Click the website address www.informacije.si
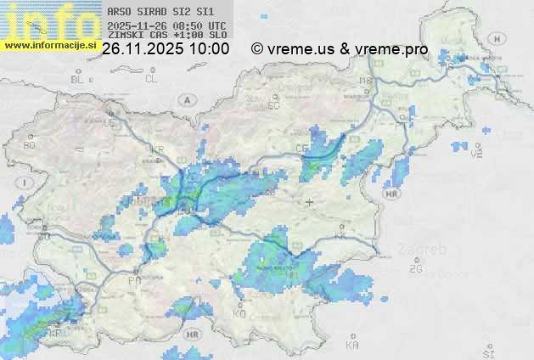49,44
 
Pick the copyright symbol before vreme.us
257,49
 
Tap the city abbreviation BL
78,79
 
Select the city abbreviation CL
152,79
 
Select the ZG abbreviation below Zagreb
415,269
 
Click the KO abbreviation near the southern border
239,314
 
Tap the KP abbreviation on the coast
57,335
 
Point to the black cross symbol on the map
310,202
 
